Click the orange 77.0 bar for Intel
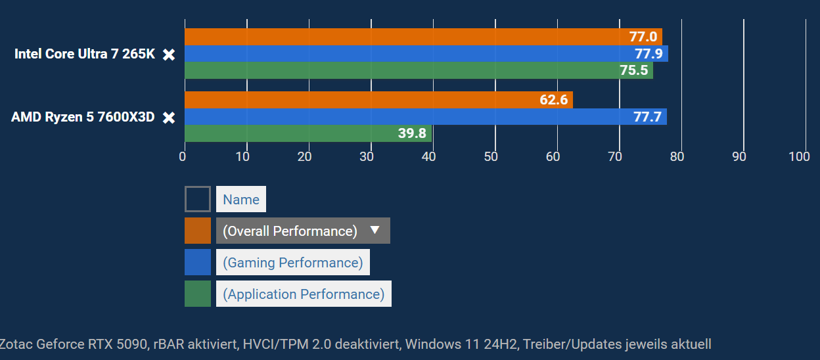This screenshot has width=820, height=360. pos(421,37)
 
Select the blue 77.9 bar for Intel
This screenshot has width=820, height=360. pos(421,54)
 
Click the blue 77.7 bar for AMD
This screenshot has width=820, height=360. pos(421,117)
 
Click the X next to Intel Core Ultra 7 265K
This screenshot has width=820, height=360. pos(169,55)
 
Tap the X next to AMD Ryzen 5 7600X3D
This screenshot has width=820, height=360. pos(169,118)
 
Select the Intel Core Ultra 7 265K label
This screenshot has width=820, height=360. pos(85,55)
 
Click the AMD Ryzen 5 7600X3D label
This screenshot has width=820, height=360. pos(83,118)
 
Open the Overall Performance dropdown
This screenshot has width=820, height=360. pos(303,231)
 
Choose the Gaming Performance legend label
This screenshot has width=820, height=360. pos(292,262)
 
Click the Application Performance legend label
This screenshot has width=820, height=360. pos(304,294)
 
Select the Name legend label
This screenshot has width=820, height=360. pos(241,199)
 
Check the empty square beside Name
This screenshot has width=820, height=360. pos(198,199)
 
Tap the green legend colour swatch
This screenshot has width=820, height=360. pos(198,294)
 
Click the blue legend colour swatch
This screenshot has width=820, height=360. pos(198,262)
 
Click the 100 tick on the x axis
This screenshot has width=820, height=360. pos(799,156)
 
